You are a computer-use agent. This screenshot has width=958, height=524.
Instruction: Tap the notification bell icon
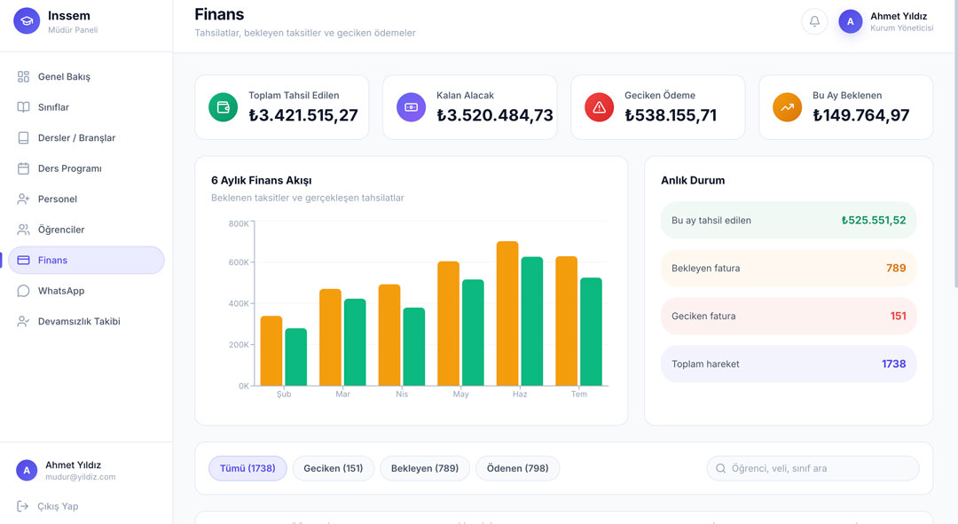click(x=814, y=21)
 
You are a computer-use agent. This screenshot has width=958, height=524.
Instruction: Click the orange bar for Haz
click(x=507, y=313)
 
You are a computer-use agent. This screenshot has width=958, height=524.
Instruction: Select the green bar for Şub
click(x=295, y=357)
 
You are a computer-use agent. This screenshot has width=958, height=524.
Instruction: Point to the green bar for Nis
click(x=413, y=347)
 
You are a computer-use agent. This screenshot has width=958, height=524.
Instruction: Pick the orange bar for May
click(x=449, y=324)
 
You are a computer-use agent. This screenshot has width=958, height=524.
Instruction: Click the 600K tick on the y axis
click(x=239, y=262)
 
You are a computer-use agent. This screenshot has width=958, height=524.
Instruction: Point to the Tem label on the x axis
click(x=578, y=394)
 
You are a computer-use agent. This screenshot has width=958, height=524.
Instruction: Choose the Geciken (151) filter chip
click(x=333, y=468)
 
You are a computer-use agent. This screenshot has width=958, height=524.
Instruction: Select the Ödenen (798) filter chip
click(x=517, y=468)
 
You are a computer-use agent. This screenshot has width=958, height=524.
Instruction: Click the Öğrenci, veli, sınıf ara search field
click(x=813, y=468)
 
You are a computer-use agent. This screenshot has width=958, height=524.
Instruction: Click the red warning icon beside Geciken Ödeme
click(x=599, y=107)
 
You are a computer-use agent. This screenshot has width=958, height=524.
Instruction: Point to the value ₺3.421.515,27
click(x=303, y=114)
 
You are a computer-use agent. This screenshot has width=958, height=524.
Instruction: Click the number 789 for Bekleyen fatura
click(x=896, y=268)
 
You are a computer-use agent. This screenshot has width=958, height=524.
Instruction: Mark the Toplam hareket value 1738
click(x=893, y=364)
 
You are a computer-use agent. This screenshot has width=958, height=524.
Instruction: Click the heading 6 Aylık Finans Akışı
click(x=262, y=180)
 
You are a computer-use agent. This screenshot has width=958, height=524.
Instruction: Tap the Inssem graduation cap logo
click(x=27, y=20)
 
